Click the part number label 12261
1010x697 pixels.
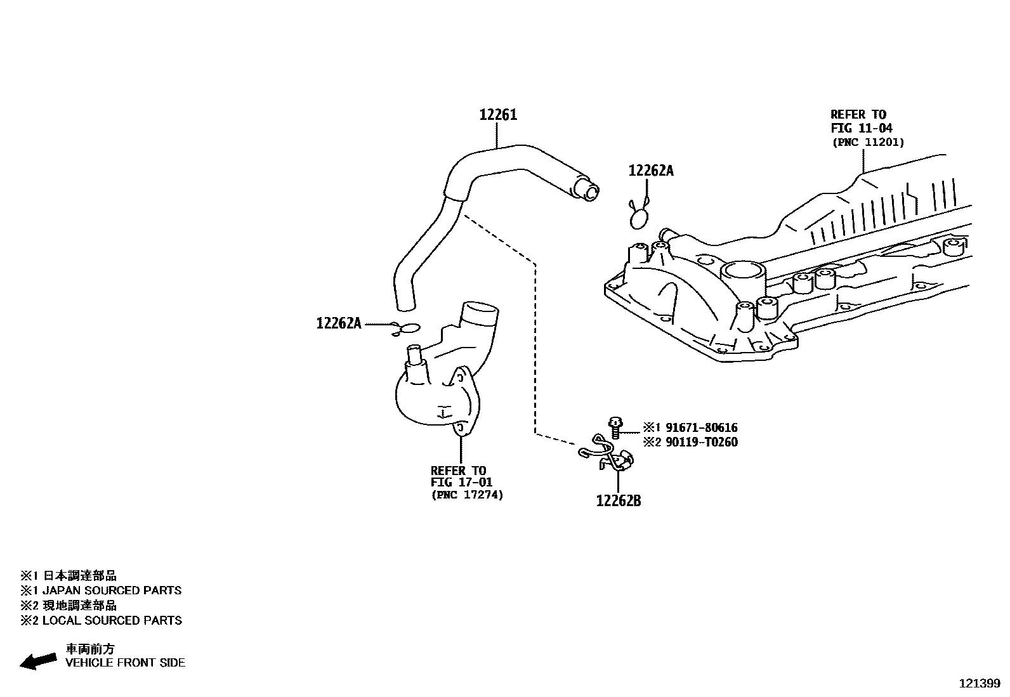498,115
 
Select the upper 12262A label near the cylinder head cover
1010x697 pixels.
650,171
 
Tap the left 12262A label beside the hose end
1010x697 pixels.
339,323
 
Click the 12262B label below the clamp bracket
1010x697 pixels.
618,501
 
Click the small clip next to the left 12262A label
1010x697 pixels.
406,329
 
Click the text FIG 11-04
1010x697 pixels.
861,128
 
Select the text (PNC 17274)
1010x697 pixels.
467,495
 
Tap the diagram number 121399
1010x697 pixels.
979,684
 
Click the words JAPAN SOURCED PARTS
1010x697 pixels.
112,590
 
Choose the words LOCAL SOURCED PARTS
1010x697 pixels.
112,620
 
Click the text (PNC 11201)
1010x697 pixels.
867,142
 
